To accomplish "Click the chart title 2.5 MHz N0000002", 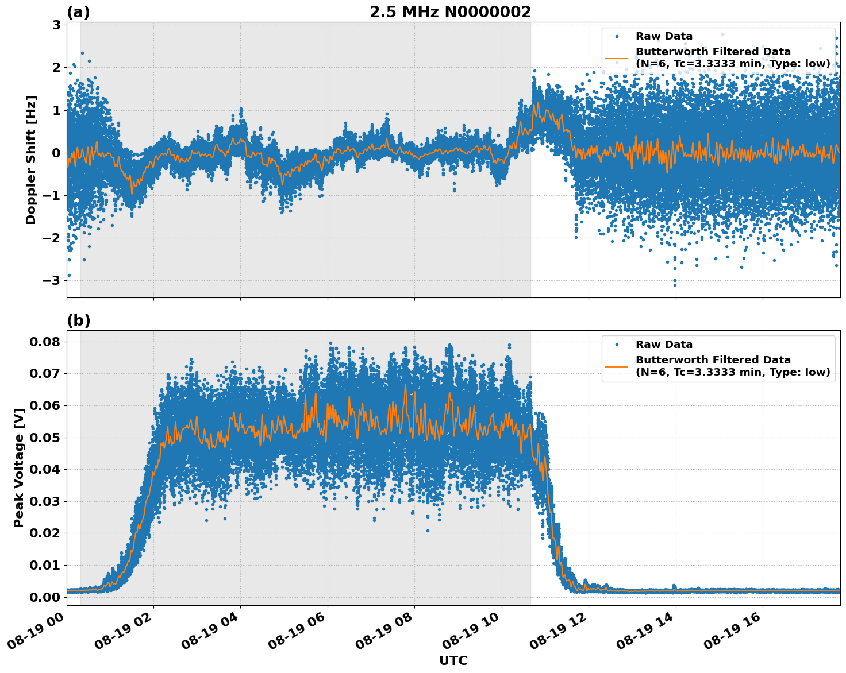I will pyautogui.click(x=450, y=12).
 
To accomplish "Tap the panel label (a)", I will pyautogui.click(x=78, y=12).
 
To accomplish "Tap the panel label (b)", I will pyautogui.click(x=78, y=320).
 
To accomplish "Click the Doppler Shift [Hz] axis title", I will pyautogui.click(x=31, y=160).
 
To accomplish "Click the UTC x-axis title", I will pyautogui.click(x=453, y=660).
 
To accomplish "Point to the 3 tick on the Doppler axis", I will pyautogui.click(x=56, y=25).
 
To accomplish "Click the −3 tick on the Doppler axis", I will pyautogui.click(x=53, y=280).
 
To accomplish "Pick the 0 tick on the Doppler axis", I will pyautogui.click(x=56, y=153).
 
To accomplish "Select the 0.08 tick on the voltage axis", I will pyautogui.click(x=44, y=342).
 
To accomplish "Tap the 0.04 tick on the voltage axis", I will pyautogui.click(x=44, y=469).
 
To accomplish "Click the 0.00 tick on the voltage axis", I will pyautogui.click(x=44, y=597).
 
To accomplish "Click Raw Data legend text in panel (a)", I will pyautogui.click(x=664, y=36).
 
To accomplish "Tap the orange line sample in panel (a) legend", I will pyautogui.click(x=616, y=58).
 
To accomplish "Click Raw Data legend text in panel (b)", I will pyautogui.click(x=664, y=345).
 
